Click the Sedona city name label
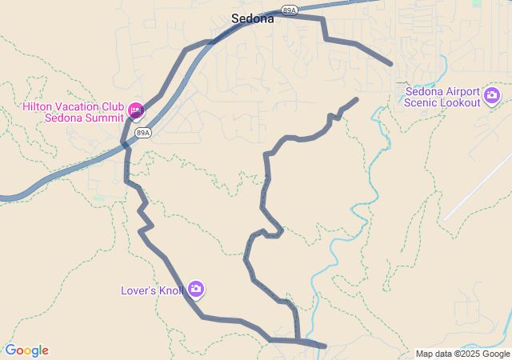(252, 18)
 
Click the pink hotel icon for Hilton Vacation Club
(134, 109)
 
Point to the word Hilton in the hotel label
(38, 107)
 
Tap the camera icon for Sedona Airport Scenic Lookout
(492, 97)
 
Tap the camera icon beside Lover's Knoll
(196, 289)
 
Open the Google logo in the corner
(26, 350)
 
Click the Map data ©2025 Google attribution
(462, 354)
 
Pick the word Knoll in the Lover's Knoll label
(169, 290)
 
